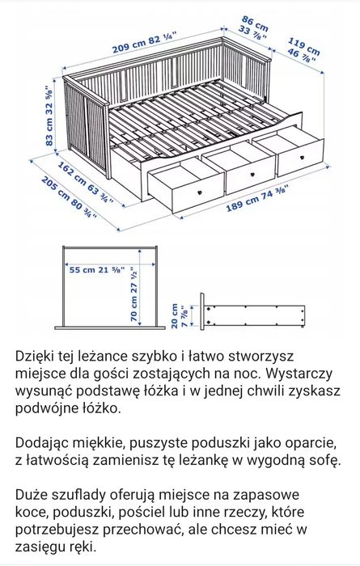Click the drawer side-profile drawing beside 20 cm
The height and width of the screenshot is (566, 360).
[254, 315]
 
